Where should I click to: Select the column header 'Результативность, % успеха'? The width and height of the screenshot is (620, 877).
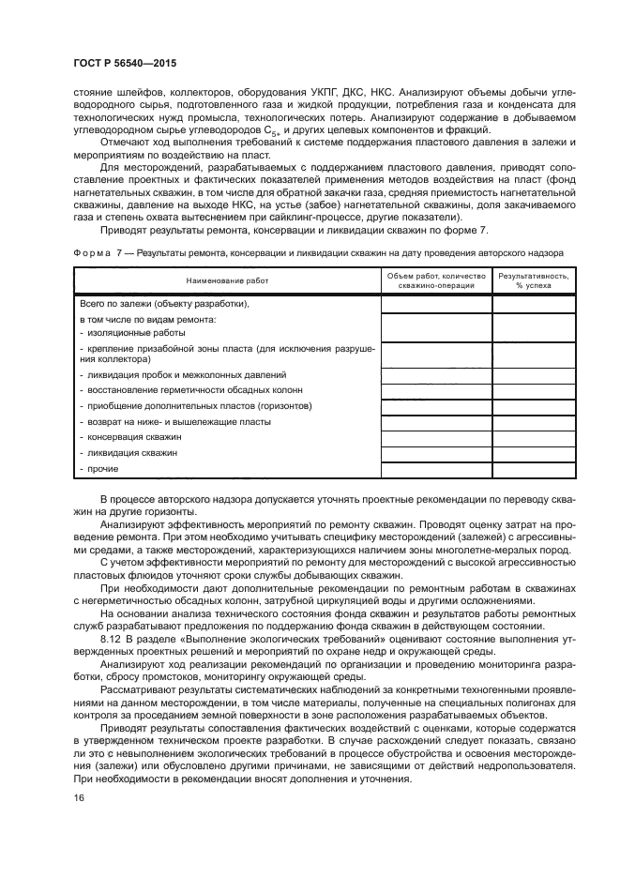coord(533,280)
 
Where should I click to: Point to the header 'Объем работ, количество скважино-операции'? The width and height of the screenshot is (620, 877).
coord(436,280)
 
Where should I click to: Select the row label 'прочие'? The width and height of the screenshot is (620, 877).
coord(98,467)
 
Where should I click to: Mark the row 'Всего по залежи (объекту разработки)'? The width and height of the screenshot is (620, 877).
coord(162,303)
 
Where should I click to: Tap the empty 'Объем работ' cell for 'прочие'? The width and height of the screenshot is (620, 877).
coord(436,467)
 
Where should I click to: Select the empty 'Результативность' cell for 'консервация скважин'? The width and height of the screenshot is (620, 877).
coord(533,437)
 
